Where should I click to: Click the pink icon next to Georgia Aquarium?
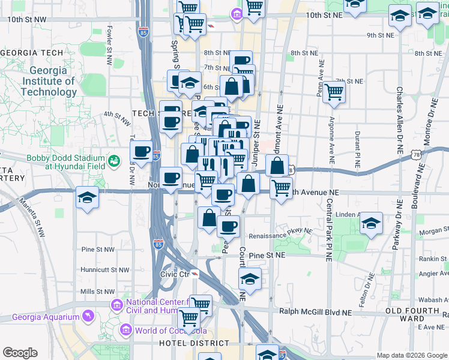(88, 316)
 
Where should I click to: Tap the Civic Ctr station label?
(175, 274)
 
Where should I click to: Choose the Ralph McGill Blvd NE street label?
(315, 312)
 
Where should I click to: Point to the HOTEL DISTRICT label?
(194, 343)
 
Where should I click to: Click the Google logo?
(20, 353)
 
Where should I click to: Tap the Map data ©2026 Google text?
(411, 355)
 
